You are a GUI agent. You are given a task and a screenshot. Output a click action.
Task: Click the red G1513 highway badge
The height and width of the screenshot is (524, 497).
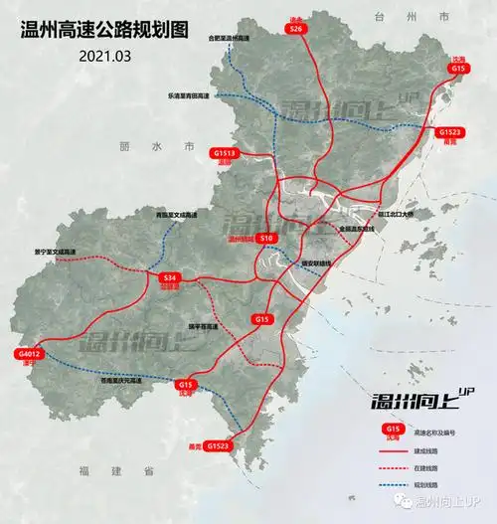[x=226, y=154]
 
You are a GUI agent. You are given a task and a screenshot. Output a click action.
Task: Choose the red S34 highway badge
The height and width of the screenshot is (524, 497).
[x=170, y=277]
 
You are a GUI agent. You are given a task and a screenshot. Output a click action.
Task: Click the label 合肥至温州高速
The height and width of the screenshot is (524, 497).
[x=229, y=38]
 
